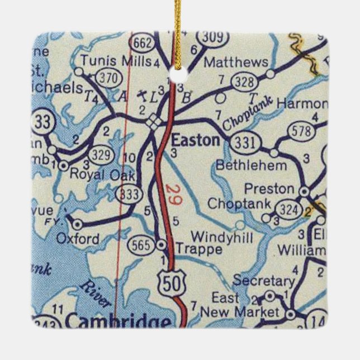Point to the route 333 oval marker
point(130,194)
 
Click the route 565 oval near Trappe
point(140,244)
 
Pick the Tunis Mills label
point(117,60)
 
